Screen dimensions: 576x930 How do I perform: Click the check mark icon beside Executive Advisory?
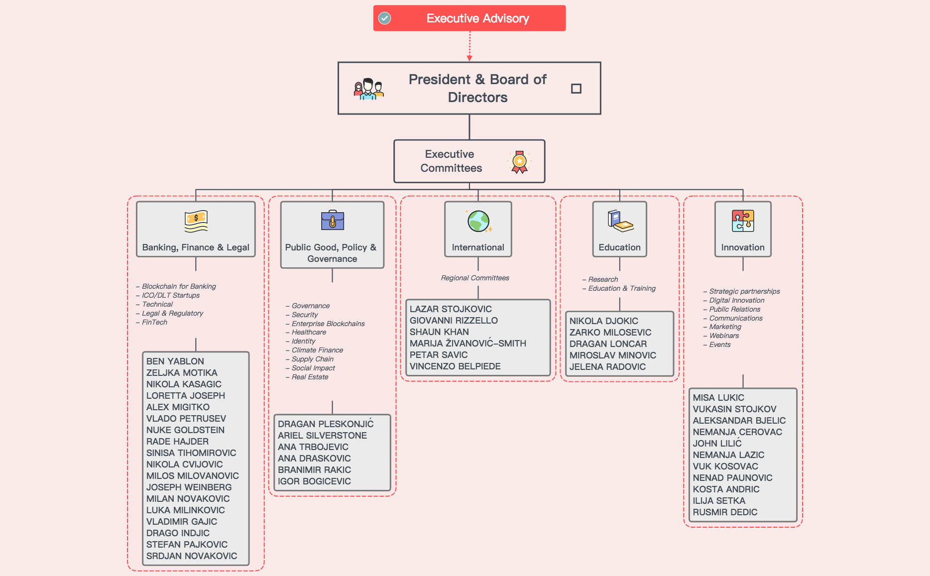tap(385, 18)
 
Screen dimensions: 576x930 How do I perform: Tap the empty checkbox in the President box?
tap(576, 89)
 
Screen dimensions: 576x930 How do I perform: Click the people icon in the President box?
tap(368, 89)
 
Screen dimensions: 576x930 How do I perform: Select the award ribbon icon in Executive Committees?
tap(519, 162)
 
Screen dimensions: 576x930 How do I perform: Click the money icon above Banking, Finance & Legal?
tap(196, 222)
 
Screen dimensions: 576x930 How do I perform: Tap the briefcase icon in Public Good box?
tap(333, 220)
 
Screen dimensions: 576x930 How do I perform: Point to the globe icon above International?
tap(478, 222)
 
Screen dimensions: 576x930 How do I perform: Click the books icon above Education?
tap(620, 221)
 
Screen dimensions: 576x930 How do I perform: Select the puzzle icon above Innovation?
tap(743, 221)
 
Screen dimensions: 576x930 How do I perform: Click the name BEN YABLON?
tap(175, 361)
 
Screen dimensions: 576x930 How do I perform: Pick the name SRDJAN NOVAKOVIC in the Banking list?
tap(192, 556)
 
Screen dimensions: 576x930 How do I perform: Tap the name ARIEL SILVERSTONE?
tap(322, 436)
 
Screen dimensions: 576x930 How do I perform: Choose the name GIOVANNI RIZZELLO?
tap(454, 321)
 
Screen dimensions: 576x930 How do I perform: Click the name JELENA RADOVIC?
tap(607, 367)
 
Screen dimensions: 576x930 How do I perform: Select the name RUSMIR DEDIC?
tap(725, 512)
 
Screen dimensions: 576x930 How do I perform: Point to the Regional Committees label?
tap(475, 278)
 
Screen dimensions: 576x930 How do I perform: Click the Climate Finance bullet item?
tap(317, 350)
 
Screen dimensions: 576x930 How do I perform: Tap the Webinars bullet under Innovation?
tap(724, 336)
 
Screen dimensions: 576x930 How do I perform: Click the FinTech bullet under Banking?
tap(154, 322)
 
